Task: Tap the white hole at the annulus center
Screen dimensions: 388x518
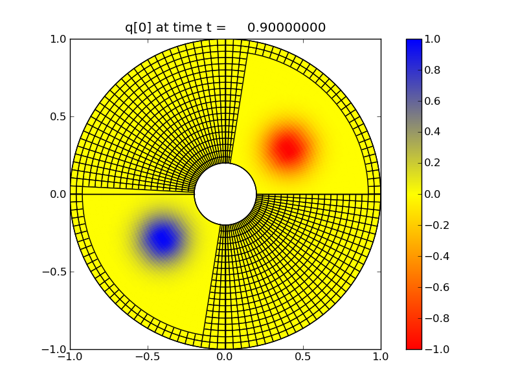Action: pos(225,194)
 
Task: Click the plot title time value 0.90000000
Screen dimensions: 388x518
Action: pos(286,27)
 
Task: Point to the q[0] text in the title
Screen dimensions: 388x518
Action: pos(140,27)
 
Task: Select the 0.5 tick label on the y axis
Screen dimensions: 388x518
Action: pos(57,116)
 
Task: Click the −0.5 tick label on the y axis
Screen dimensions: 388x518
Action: pos(53,272)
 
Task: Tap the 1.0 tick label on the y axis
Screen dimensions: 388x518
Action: pos(57,39)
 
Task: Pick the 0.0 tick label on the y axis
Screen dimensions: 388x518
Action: pos(57,194)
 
